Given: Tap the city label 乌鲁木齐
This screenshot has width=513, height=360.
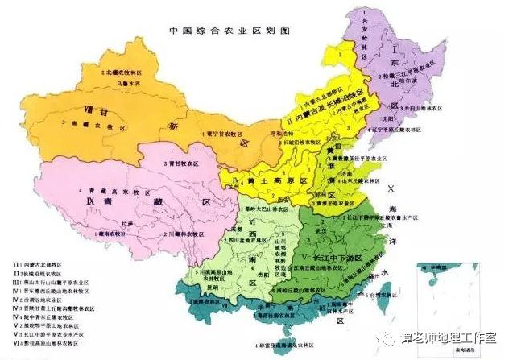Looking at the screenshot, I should point(131,82).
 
